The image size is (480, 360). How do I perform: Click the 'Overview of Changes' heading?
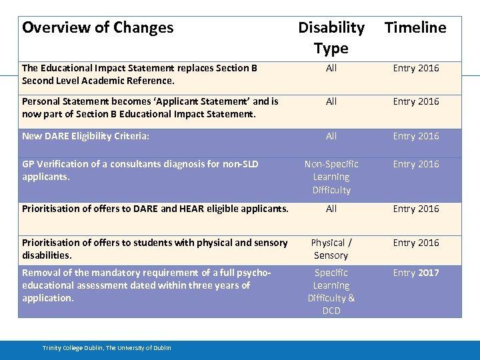pos(97,28)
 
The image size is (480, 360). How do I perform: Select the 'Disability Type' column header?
pos(331,37)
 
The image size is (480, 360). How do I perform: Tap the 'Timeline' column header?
pos(415,28)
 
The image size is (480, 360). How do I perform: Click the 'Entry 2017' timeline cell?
pos(416,273)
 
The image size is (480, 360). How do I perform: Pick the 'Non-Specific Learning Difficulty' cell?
pos(331,177)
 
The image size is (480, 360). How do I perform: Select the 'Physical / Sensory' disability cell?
pos(331,249)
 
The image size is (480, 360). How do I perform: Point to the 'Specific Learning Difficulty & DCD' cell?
pos(331,291)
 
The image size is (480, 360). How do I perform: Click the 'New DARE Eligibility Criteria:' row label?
pos(86,136)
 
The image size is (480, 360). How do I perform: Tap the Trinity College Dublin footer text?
pos(107,348)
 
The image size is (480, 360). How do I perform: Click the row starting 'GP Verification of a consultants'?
pos(140,170)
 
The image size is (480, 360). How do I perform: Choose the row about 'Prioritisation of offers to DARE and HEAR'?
pos(155,209)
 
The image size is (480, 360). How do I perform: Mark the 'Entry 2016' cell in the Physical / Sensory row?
pos(416,243)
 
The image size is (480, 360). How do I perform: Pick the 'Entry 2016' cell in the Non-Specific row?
pos(416,164)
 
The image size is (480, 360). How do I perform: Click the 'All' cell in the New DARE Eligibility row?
pos(331,136)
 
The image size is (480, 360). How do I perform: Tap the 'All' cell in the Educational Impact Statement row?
pos(331,68)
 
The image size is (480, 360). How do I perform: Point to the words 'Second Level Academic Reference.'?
pos(98,81)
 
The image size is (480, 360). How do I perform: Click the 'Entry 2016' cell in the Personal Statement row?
pos(416,101)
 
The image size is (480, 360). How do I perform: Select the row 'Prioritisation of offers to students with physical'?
pos(155,249)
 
